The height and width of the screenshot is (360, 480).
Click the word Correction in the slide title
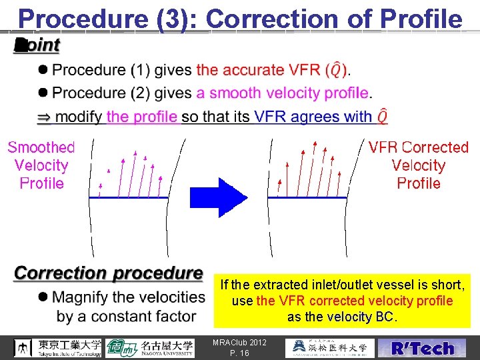(275, 19)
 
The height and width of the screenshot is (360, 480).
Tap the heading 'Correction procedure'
(109, 273)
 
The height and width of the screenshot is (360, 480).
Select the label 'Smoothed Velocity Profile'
(41, 165)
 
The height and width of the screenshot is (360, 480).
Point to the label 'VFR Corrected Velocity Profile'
(419, 165)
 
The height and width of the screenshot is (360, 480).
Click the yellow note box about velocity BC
(342, 301)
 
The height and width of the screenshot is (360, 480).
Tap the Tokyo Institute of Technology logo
(59, 347)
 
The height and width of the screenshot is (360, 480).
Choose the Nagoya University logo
(149, 347)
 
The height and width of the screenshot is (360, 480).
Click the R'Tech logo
(423, 348)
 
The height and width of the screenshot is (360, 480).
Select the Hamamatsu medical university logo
(329, 347)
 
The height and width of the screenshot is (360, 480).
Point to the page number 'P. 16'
(239, 353)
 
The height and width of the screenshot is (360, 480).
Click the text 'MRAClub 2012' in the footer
(239, 343)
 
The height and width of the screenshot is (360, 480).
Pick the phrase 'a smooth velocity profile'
(283, 93)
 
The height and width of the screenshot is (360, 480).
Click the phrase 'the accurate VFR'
(259, 70)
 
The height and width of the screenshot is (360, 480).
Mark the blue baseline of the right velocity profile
(307, 198)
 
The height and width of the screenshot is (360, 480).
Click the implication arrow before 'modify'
(43, 117)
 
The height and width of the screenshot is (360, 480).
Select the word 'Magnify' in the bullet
(84, 297)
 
